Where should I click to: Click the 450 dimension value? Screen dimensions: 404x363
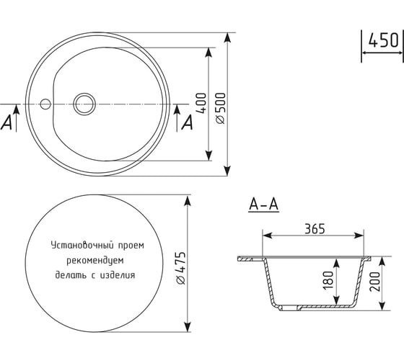coord(383,40)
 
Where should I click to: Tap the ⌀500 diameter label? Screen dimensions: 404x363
coord(221,108)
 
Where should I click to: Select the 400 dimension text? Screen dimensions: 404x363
coord(201,103)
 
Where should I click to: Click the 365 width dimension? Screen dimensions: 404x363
coord(315,229)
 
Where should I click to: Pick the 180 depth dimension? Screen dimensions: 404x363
coord(328,280)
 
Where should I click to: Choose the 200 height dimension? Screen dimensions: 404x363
coord(375,282)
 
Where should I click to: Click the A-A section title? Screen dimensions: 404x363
coord(264,205)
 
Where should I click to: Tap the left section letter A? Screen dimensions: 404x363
coord(6,122)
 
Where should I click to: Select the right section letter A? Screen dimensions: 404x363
coord(188,122)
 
